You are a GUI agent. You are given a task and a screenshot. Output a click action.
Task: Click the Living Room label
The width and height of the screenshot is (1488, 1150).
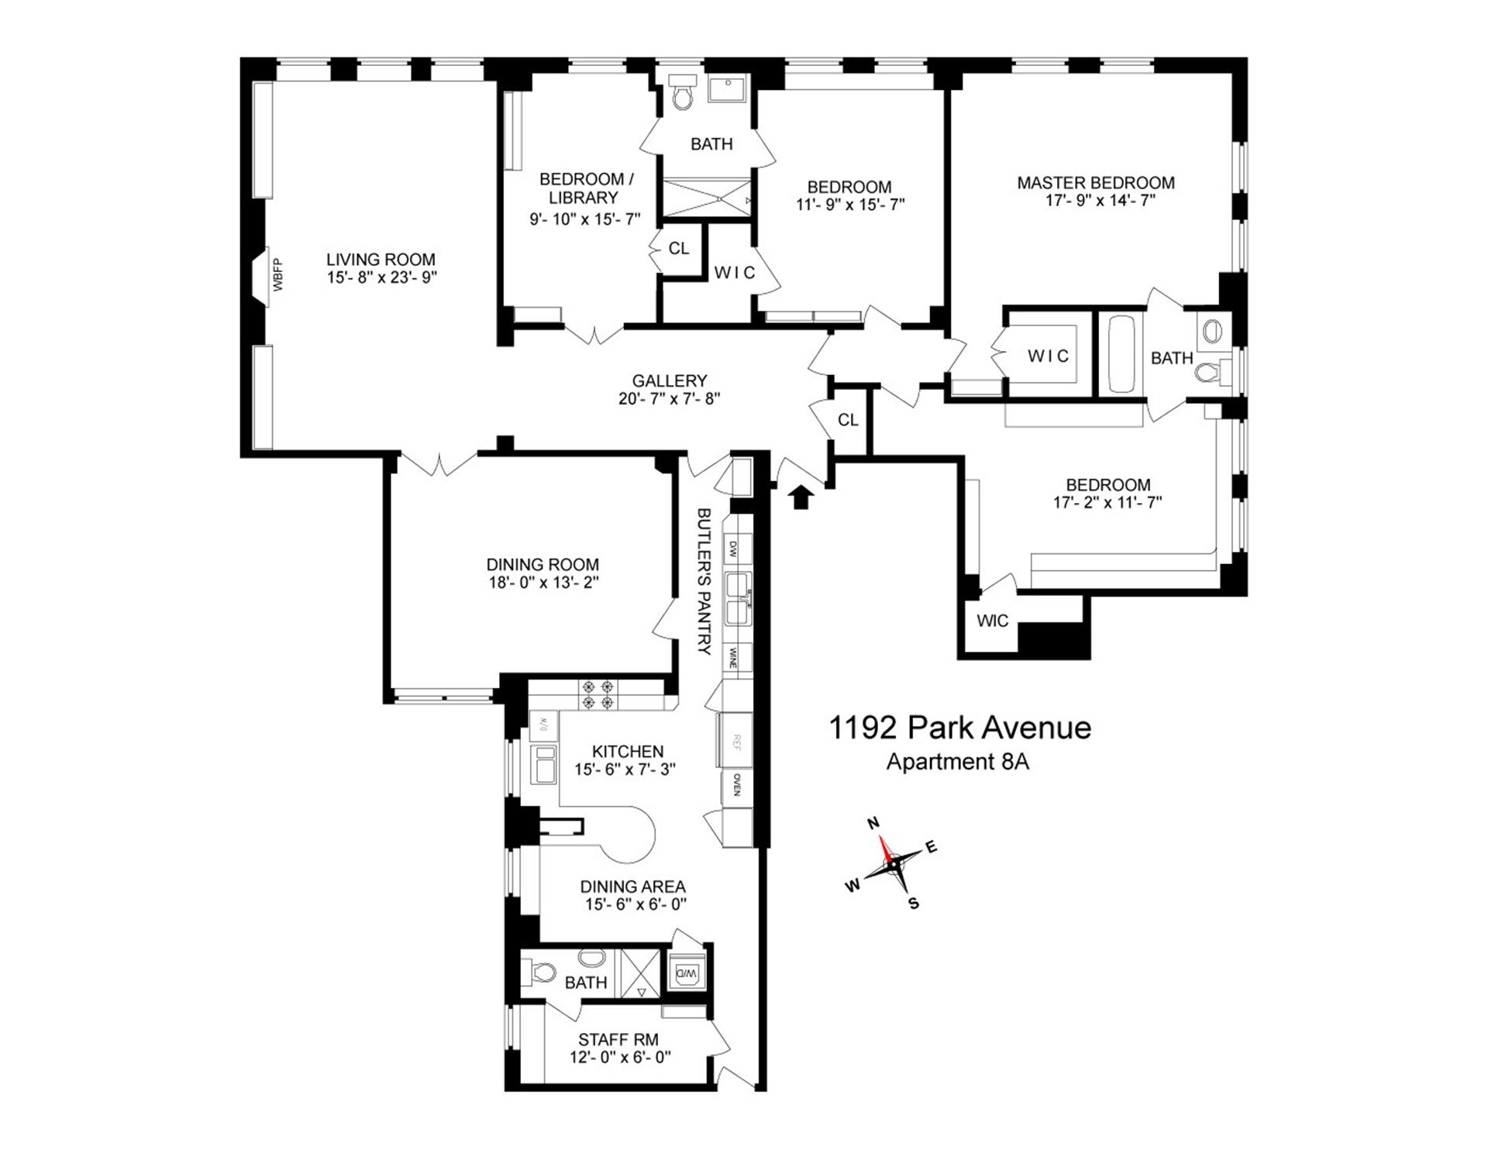pyautogui.click(x=381, y=260)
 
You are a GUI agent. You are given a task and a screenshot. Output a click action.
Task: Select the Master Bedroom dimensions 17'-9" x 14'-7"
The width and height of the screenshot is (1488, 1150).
pyautogui.click(x=1096, y=201)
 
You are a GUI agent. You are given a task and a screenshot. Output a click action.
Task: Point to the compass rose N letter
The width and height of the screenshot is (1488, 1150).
pyautogui.click(x=873, y=823)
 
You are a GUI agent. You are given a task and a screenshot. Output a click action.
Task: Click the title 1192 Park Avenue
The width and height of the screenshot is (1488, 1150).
pyautogui.click(x=960, y=728)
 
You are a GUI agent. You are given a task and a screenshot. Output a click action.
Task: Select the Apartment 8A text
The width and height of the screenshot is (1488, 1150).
pyautogui.click(x=958, y=762)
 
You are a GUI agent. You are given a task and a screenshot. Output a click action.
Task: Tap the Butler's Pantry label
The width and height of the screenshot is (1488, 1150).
pyautogui.click(x=704, y=581)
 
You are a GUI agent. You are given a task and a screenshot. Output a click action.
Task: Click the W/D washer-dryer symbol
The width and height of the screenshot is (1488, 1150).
pyautogui.click(x=687, y=973)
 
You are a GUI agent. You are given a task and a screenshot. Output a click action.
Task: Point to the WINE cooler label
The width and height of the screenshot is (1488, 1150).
pyautogui.click(x=732, y=659)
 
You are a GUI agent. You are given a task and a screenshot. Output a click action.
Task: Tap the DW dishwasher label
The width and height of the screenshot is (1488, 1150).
pyautogui.click(x=733, y=550)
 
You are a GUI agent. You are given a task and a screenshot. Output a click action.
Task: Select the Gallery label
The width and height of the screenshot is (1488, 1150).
pyautogui.click(x=670, y=380)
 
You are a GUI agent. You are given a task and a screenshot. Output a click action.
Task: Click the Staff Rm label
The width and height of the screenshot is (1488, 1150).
pyautogui.click(x=618, y=1040)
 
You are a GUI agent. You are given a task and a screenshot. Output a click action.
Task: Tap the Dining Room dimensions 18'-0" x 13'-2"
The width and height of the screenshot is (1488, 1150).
pyautogui.click(x=542, y=582)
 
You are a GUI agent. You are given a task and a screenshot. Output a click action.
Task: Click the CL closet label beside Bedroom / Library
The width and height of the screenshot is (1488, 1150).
pyautogui.click(x=679, y=249)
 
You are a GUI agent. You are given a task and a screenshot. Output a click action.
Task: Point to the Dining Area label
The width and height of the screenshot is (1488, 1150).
pyautogui.click(x=632, y=887)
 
